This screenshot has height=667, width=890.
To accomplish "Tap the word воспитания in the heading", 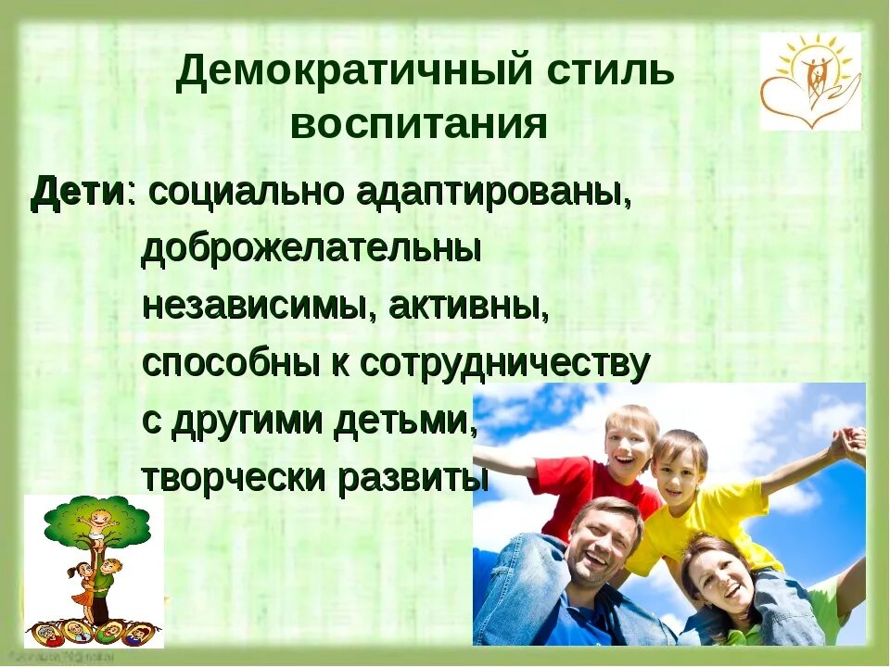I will (419, 125).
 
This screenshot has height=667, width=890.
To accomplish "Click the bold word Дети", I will (78, 193).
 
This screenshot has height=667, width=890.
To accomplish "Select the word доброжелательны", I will (311, 251).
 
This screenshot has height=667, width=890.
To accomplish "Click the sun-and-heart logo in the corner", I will (810, 82).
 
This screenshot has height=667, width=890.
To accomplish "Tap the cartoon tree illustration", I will (94, 570).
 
